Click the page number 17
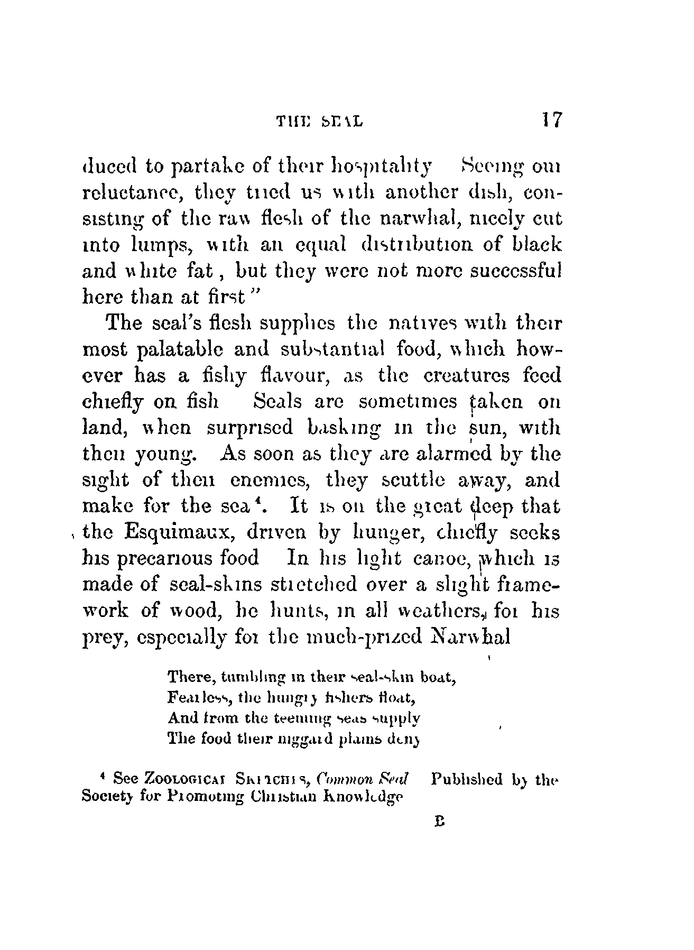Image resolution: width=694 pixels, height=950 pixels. coord(549,119)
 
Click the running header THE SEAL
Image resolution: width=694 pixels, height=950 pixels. coord(319,122)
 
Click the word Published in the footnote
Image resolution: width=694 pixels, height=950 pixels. coord(467,779)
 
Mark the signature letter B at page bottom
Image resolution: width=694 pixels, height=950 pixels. coord(438,823)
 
